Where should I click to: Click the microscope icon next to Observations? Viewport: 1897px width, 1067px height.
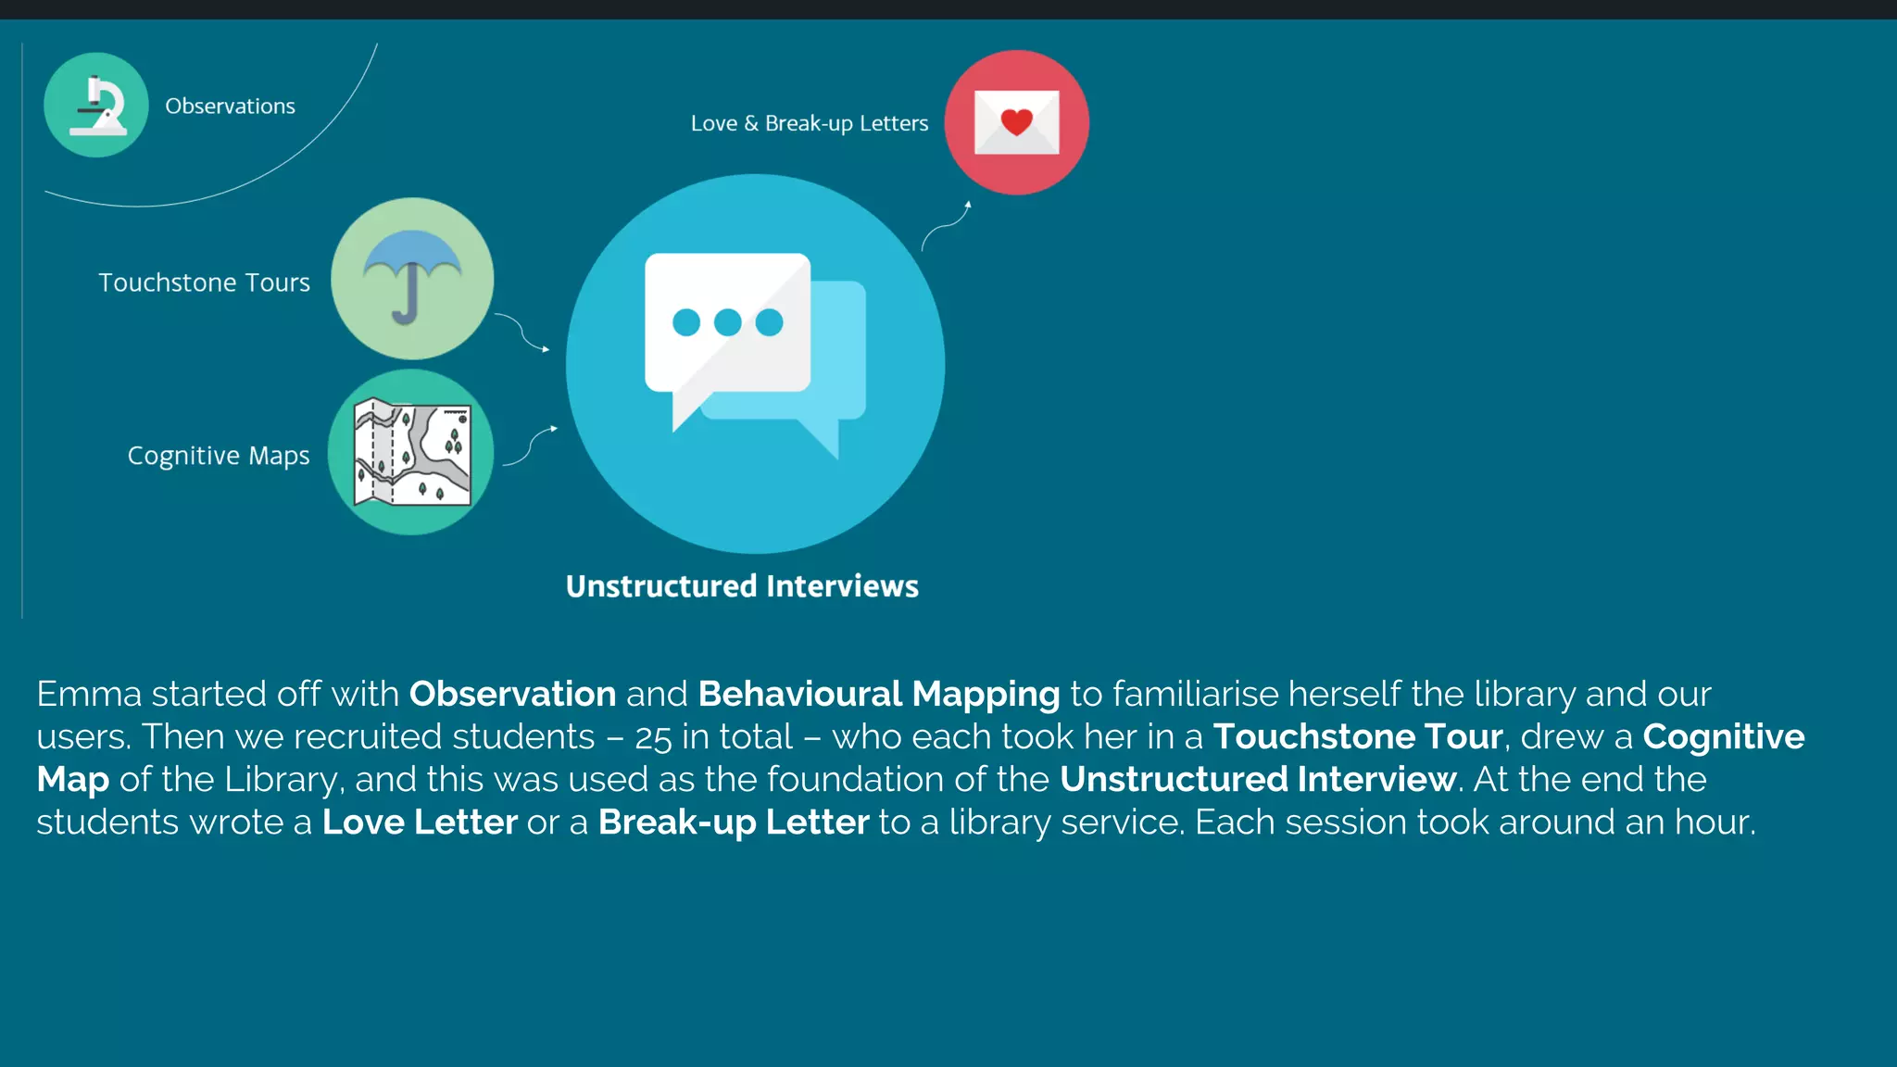96,106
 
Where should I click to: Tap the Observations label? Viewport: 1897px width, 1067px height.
230,107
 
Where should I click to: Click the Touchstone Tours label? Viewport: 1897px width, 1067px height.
204,282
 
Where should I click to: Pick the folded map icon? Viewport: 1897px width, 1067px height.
412,452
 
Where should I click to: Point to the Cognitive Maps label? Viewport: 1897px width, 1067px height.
219,456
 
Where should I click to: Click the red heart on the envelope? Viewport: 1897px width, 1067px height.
1016,121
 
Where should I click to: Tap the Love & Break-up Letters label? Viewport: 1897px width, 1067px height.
809,123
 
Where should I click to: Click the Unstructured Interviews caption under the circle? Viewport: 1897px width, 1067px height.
742,586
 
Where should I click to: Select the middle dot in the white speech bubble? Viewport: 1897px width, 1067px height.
727,322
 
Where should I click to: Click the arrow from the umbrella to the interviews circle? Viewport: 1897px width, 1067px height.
523,332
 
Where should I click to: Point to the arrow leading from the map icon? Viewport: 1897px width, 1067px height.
532,446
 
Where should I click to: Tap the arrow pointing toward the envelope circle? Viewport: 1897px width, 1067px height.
947,225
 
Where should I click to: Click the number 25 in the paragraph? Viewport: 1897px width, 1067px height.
653,738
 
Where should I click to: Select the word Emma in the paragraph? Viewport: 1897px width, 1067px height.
89,694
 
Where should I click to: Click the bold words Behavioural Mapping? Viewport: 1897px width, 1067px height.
878,694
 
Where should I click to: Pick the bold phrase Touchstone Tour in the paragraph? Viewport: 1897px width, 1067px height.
1357,736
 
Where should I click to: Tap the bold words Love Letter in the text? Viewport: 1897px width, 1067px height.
419,822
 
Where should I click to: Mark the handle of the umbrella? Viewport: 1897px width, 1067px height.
407,301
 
